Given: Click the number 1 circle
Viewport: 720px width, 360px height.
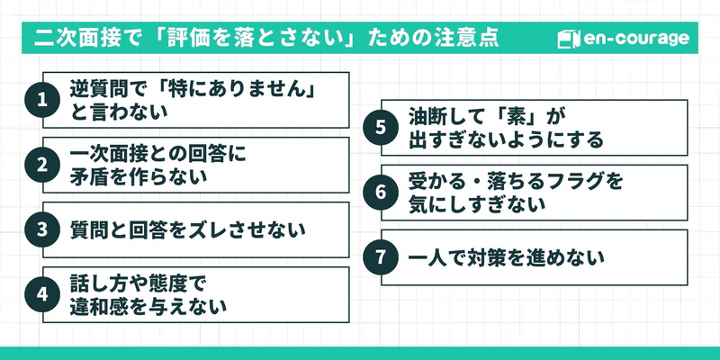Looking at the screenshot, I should click(x=41, y=100).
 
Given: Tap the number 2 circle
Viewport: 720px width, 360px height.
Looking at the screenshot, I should click(x=41, y=165).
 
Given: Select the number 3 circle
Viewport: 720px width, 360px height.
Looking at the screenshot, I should click(x=41, y=229).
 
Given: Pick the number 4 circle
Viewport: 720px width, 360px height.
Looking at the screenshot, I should click(x=41, y=294).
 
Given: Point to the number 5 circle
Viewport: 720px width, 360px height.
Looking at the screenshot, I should click(x=380, y=128).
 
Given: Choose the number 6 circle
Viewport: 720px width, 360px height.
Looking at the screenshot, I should click(x=380, y=193).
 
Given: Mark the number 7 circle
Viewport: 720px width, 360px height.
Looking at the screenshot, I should click(x=380, y=257).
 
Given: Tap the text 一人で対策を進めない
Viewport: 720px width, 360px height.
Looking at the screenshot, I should click(x=505, y=257).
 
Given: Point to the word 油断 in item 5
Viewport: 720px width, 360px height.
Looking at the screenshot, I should click(x=429, y=117).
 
